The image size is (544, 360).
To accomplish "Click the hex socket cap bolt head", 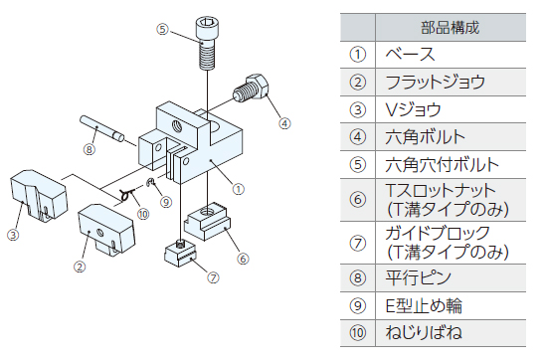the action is pos(207,29).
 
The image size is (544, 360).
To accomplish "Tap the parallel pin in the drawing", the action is pos(101,128).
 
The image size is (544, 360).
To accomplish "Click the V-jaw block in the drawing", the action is pos(38,195).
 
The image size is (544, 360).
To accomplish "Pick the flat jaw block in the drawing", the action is pos(105,229).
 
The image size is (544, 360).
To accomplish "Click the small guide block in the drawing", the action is pos(180,254).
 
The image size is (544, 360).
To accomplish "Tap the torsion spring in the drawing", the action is pos(127,195).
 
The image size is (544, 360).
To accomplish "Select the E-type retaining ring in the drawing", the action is pos(150,181).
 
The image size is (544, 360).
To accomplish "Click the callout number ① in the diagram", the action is pos(238,189).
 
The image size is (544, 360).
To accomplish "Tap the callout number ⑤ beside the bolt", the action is pos(162,29).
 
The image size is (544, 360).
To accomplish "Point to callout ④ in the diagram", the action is pos(284,123).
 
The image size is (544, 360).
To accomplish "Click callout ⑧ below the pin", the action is pos(90,149).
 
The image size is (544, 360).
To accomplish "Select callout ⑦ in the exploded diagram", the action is pos(213,277).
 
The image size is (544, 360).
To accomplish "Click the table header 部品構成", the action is pos(450,28).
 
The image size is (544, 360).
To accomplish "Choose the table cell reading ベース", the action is pos(410,55).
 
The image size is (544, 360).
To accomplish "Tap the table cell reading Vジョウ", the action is pos(413,110).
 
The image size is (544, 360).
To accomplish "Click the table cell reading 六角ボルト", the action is pos(425,137).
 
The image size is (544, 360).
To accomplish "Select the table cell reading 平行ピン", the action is pos(418,277).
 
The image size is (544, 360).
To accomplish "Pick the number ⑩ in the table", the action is pos(358,333).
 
